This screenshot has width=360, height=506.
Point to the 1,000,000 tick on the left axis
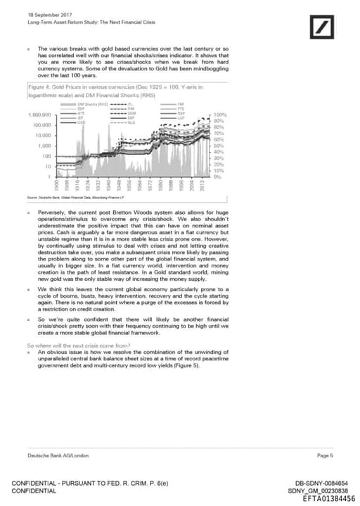point(40,114)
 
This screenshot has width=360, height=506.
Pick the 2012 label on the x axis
point(204,186)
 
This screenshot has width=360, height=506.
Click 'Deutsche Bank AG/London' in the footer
point(53,455)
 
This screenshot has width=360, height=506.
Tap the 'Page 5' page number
point(325,455)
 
